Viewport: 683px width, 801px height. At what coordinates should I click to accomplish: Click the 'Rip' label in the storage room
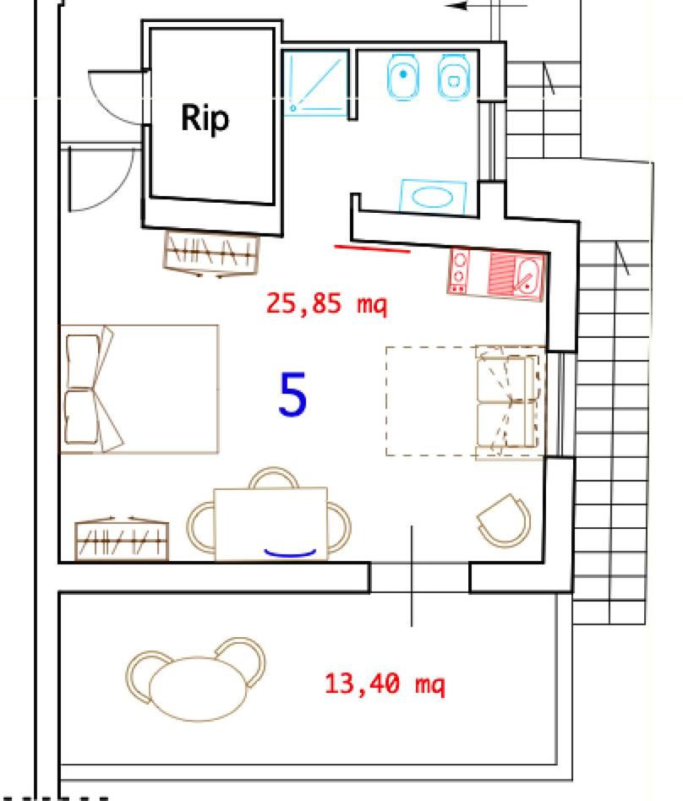pyautogui.click(x=205, y=118)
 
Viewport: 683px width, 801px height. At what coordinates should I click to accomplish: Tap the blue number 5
pyautogui.click(x=292, y=394)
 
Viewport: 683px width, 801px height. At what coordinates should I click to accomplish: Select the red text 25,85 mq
pyautogui.click(x=326, y=304)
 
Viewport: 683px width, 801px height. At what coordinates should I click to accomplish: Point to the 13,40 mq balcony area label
pyautogui.click(x=385, y=684)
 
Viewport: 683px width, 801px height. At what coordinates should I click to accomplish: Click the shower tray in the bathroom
pyautogui.click(x=315, y=84)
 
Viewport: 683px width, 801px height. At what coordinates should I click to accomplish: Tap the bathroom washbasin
pyautogui.click(x=434, y=197)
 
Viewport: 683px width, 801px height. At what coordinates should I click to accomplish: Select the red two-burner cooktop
pyautogui.click(x=459, y=270)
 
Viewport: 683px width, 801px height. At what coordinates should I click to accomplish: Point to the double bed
pyautogui.click(x=139, y=389)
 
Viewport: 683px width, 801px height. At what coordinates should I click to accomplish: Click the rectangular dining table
pyautogui.click(x=270, y=524)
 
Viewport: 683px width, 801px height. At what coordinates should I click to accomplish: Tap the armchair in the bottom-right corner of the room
pyautogui.click(x=504, y=520)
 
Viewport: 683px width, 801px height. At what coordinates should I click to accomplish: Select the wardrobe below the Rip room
pyautogui.click(x=211, y=253)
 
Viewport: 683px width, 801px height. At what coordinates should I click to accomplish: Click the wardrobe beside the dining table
pyautogui.click(x=122, y=539)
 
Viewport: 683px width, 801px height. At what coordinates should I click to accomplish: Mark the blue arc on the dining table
pyautogui.click(x=290, y=553)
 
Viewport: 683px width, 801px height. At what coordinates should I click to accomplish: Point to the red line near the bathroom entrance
pyautogui.click(x=372, y=248)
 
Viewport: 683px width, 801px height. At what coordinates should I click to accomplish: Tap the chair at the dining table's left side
pyautogui.click(x=200, y=526)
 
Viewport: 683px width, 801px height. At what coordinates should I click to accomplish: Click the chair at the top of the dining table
pyautogui.click(x=274, y=477)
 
